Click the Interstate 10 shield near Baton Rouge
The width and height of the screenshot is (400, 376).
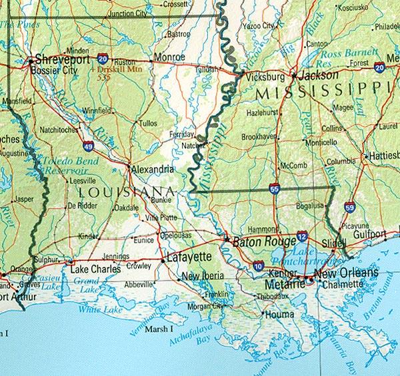tap(259, 266)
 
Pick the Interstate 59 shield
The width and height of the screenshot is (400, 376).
tap(349, 208)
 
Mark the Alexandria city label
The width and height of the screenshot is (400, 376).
tap(153, 168)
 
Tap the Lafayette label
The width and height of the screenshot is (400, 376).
tap(189, 256)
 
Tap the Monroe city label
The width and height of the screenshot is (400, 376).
tap(169, 58)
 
